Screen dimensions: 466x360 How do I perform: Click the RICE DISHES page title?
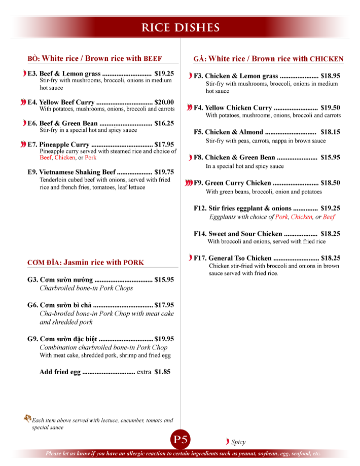click(180, 27)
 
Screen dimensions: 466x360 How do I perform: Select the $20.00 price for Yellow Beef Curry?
click(164, 102)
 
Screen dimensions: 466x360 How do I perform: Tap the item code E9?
click(32, 172)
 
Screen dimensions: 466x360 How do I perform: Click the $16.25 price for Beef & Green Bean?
click(164, 123)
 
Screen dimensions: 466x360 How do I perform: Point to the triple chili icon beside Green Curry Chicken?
click(189, 183)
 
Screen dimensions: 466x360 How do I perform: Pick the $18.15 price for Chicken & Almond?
click(330, 132)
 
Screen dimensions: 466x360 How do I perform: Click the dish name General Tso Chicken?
click(240, 258)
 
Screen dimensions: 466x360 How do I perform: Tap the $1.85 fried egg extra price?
click(162, 372)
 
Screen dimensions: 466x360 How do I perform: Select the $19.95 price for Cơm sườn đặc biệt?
click(164, 339)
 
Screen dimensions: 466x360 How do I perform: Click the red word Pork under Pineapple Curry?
click(90, 158)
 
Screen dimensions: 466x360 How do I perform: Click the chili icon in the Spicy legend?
click(227, 442)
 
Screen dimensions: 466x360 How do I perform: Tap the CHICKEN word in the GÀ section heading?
click(327, 59)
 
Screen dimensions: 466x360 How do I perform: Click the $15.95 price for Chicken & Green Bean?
click(330, 157)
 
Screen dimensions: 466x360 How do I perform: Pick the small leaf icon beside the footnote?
click(27, 418)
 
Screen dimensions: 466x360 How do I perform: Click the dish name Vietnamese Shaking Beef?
click(78, 172)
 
